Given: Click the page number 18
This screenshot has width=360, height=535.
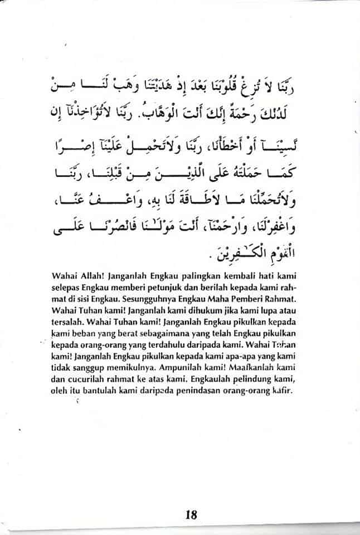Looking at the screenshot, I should coord(189,514).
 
